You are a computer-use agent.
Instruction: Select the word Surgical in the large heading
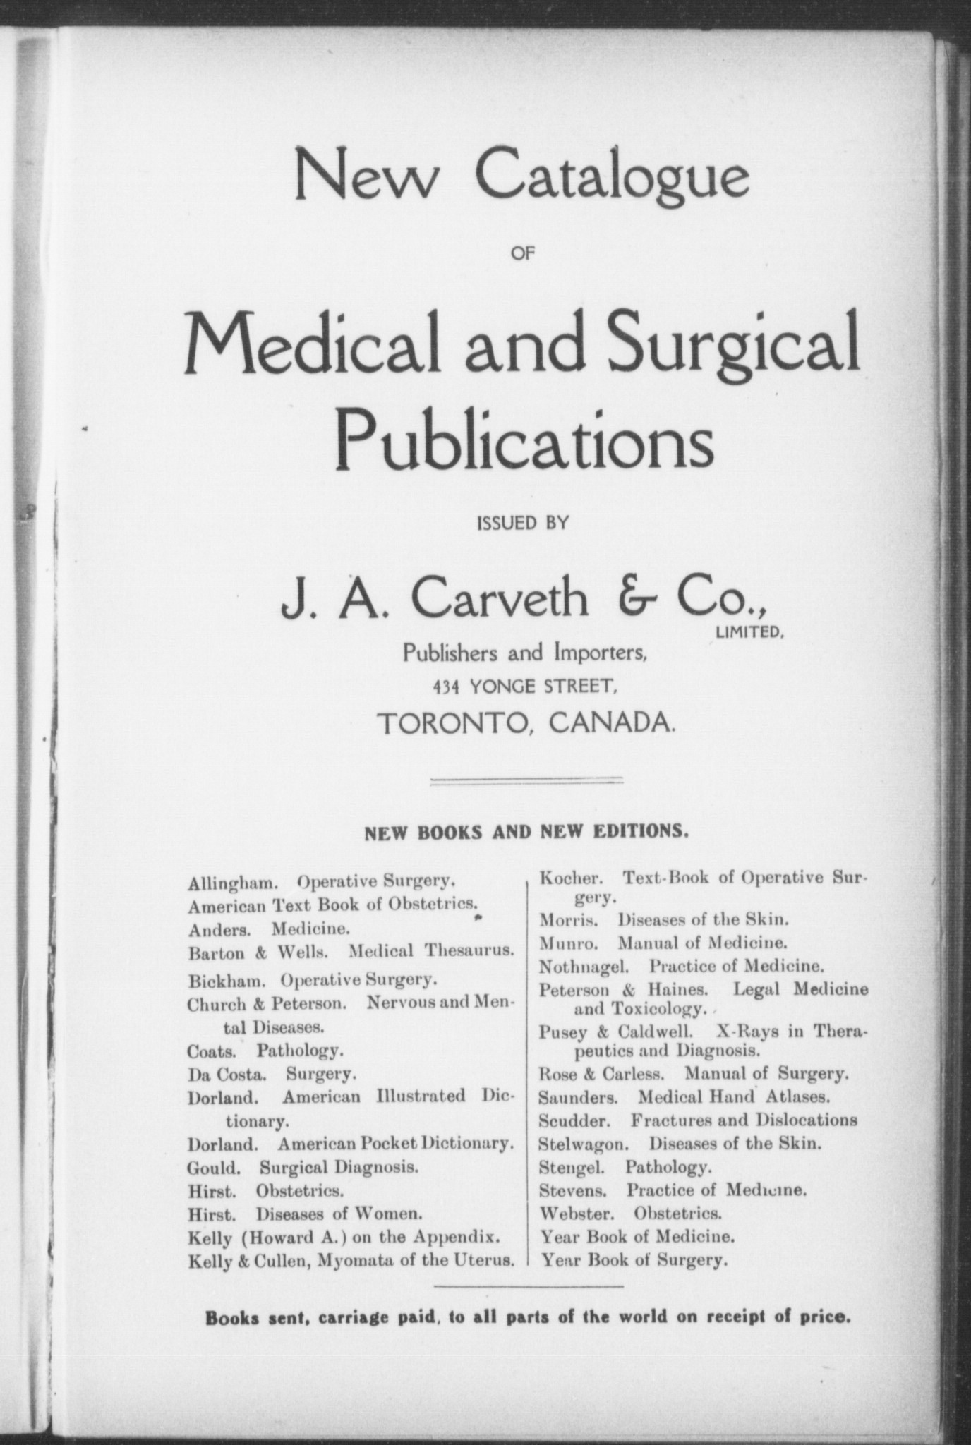[732, 343]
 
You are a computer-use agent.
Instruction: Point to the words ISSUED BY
[523, 523]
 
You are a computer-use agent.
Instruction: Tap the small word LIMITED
[750, 633]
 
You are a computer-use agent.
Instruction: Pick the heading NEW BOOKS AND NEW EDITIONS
[526, 832]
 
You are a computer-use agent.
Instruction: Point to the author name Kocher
[570, 878]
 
